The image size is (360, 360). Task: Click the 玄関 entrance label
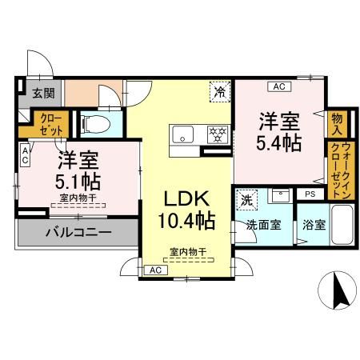click(x=44, y=94)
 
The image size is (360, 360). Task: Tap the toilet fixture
click(x=96, y=124)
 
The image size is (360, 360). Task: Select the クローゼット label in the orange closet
click(x=50, y=125)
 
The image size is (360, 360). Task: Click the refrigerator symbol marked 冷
click(x=220, y=91)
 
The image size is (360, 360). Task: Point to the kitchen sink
click(x=183, y=134)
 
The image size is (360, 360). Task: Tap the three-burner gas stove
click(x=218, y=134)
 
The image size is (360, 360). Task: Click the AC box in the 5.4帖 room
click(x=279, y=86)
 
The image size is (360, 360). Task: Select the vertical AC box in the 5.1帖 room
click(x=25, y=155)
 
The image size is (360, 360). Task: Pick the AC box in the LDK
click(x=156, y=270)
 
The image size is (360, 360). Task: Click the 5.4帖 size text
click(x=279, y=143)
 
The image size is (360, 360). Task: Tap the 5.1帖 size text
click(x=78, y=182)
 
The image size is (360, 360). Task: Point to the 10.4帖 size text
click(x=186, y=221)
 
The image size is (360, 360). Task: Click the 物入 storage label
click(x=337, y=124)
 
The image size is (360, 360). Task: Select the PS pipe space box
click(x=310, y=194)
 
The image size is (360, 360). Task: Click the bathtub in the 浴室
click(x=342, y=225)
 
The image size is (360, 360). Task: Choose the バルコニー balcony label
click(x=78, y=232)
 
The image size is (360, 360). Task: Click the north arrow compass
click(x=338, y=290)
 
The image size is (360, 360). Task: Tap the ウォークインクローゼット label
click(x=342, y=170)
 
